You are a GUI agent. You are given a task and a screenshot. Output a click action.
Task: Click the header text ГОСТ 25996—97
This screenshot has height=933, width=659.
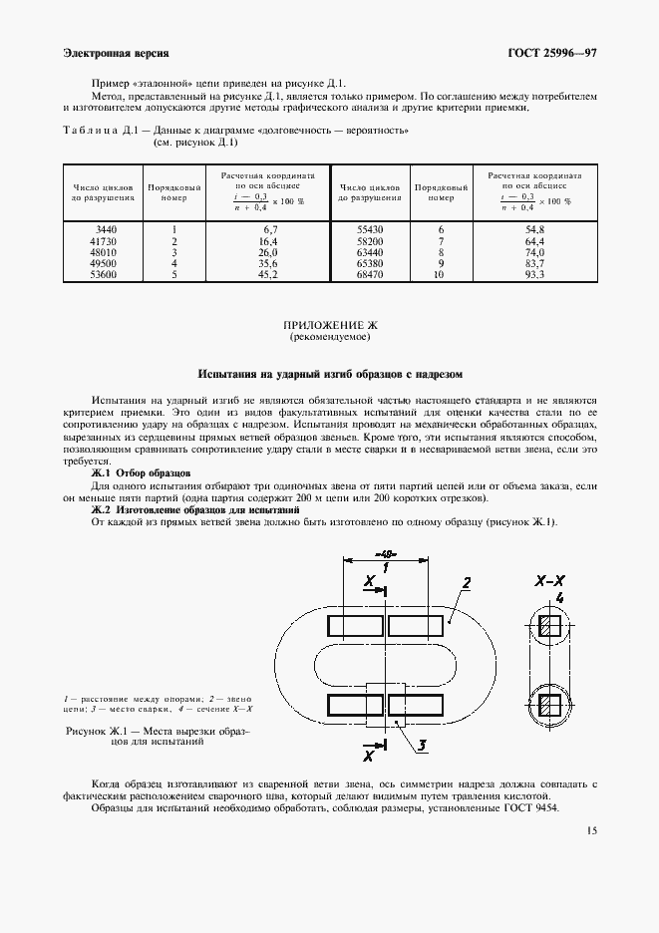pos(553,53)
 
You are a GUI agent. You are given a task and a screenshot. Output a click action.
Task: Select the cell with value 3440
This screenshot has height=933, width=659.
pos(104,229)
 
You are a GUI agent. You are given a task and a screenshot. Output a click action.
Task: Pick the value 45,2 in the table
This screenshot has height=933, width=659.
pos(267,273)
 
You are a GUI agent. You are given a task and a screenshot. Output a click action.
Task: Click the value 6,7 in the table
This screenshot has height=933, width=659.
pos(267,229)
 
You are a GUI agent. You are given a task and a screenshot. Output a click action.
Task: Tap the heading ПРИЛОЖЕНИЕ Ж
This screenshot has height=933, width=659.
pos(329,326)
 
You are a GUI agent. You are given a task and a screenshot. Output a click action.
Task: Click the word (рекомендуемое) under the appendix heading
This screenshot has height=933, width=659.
pos(329,338)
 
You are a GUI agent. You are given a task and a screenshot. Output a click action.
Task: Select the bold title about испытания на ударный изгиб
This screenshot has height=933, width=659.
pos(329,375)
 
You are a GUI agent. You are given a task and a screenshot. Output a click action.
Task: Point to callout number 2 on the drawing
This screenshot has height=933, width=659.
pos(467,582)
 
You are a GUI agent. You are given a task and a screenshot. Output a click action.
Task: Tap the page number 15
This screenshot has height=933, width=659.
pos(592,830)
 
